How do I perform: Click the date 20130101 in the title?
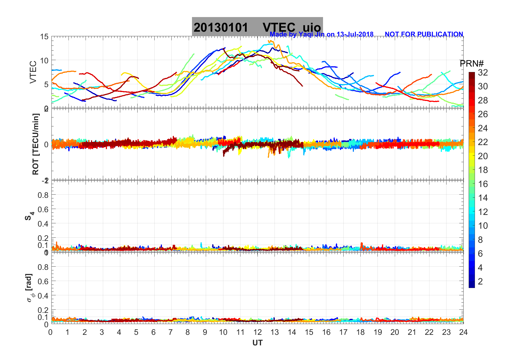pos(221,28)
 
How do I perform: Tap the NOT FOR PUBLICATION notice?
pos(424,34)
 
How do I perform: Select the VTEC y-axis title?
pos(33,72)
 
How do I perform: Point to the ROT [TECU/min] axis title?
pos(35,144)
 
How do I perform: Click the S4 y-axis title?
pos(29,216)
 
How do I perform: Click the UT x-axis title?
pos(257,343)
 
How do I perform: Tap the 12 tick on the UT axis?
pos(257,332)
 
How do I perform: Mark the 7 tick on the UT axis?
pos(171,332)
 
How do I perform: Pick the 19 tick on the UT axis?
pos(377,332)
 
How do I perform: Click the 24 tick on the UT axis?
pos(463,332)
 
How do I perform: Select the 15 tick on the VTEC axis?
pos(44,37)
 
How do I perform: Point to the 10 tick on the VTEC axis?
pos(44,61)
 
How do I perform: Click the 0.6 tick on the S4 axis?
pos(43,209)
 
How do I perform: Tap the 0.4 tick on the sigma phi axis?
pos(43,296)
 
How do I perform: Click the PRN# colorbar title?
pos(471,64)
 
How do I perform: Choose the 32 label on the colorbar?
pos(483,72)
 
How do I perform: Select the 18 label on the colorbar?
pos(483,170)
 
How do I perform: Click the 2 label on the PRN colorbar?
pos(480,282)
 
